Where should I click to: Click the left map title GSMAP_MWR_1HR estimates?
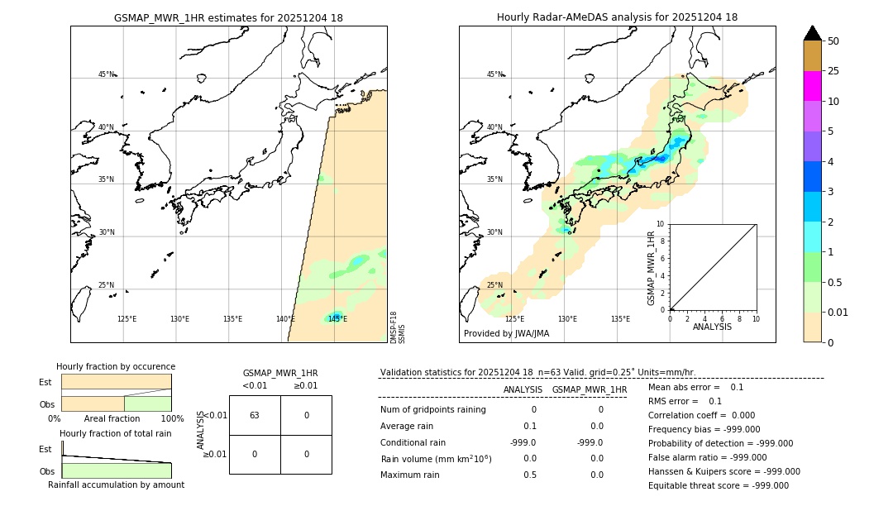click(x=228, y=17)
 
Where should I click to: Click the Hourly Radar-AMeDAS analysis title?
click(x=617, y=17)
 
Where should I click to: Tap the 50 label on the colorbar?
click(x=833, y=41)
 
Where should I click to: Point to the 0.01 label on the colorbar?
click(x=838, y=312)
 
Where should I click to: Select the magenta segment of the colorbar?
click(x=812, y=86)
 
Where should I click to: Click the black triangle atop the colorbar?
click(x=812, y=33)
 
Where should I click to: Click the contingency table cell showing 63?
click(x=255, y=415)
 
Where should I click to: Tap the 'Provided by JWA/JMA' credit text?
click(x=506, y=333)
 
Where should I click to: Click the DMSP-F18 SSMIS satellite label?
click(x=398, y=327)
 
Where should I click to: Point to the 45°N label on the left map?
click(x=107, y=74)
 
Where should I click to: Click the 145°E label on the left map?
click(x=337, y=319)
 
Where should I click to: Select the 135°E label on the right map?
click(x=620, y=319)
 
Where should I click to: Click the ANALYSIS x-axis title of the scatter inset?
click(x=712, y=327)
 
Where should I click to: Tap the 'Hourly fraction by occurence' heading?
click(x=116, y=366)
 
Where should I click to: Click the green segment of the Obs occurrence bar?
click(x=147, y=403)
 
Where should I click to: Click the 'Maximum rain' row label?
click(x=411, y=475)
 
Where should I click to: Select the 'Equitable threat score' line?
click(x=718, y=485)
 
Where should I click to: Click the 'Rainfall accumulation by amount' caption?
click(x=116, y=485)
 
